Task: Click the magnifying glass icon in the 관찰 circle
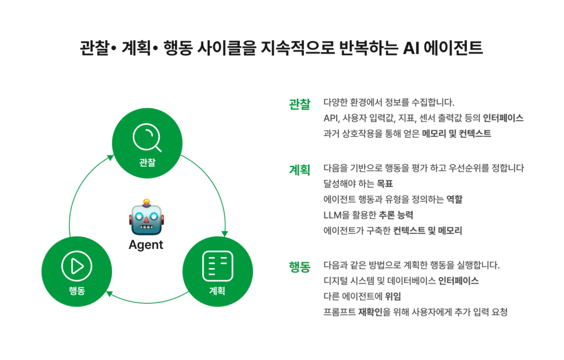click(x=147, y=138)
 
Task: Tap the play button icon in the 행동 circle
click(x=77, y=266)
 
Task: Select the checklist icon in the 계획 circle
click(x=218, y=266)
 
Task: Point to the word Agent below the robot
click(x=146, y=245)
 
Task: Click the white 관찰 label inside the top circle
click(x=147, y=162)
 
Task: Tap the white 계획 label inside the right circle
click(x=218, y=291)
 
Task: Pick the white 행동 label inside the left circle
click(x=77, y=291)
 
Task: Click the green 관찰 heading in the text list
click(x=300, y=103)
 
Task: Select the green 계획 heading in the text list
click(x=300, y=169)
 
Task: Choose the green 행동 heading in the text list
click(x=300, y=266)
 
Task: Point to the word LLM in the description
click(x=333, y=215)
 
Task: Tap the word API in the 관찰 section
click(x=332, y=118)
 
